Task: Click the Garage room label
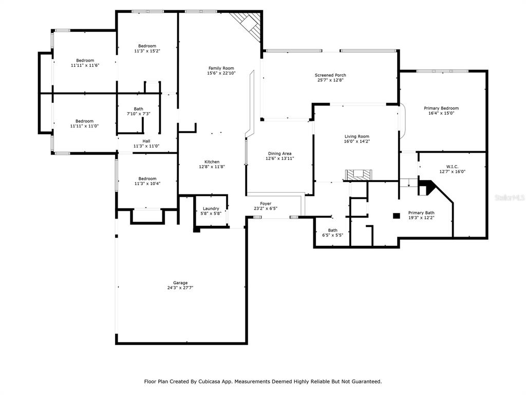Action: tap(180, 283)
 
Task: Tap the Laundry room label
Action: tap(211, 209)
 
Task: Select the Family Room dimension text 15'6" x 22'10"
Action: tap(221, 73)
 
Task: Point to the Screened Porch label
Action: tap(330, 75)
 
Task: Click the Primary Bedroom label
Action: tap(441, 108)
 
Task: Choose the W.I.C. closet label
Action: tap(452, 167)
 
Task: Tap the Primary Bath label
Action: tap(421, 212)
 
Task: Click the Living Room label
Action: tap(357, 136)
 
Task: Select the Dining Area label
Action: tap(280, 153)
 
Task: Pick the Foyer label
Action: tap(266, 204)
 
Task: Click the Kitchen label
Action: tap(212, 162)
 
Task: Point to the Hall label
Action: tap(146, 141)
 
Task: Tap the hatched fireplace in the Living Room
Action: tap(359, 175)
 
